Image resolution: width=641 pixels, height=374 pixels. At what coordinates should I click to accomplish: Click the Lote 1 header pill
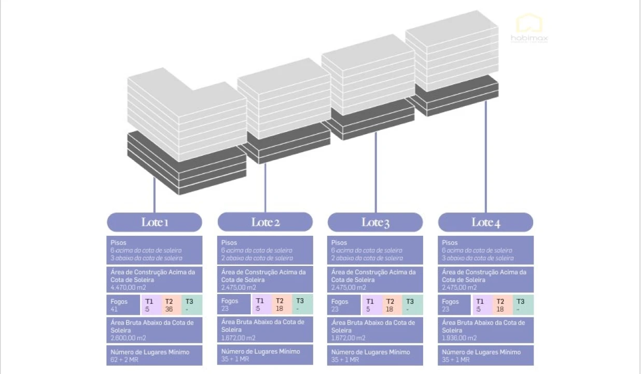pyautogui.click(x=154, y=222)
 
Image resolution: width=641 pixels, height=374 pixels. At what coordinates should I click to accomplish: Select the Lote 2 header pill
pyautogui.click(x=265, y=222)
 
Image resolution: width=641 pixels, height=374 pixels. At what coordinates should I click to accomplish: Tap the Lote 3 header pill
pyautogui.click(x=375, y=222)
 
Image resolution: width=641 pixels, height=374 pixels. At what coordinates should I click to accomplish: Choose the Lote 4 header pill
pyautogui.click(x=485, y=222)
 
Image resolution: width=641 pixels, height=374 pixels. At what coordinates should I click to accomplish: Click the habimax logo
pyautogui.click(x=529, y=29)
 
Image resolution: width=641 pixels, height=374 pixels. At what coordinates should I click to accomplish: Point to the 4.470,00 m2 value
pyautogui.click(x=128, y=287)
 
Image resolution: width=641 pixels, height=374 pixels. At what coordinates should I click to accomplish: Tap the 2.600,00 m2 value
pyautogui.click(x=128, y=338)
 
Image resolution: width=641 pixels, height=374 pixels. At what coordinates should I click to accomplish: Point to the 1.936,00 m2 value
pyautogui.click(x=459, y=338)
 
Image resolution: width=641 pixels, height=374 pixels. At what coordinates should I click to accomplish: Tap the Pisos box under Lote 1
pyautogui.click(x=154, y=250)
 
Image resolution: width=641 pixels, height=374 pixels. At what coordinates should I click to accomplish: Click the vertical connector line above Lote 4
pyautogui.click(x=486, y=156)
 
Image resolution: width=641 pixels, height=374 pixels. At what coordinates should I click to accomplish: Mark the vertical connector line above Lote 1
pyautogui.click(x=155, y=195)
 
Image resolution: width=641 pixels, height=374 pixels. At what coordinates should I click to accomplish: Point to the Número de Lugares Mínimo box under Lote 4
pyautogui.click(x=485, y=356)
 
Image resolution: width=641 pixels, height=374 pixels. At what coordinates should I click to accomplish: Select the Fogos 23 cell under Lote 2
pyautogui.click(x=234, y=304)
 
